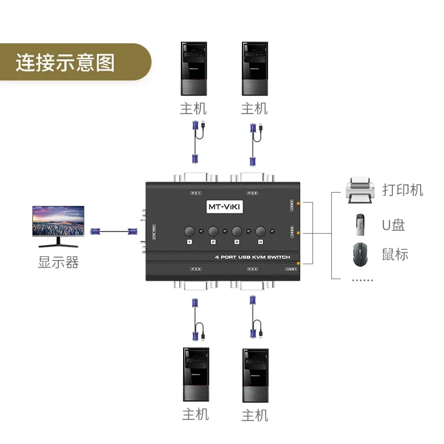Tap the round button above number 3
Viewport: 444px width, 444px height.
tap(237, 231)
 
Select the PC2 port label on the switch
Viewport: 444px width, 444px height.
tap(253, 193)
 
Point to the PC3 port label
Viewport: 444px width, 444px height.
tap(195, 269)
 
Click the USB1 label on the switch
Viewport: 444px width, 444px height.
tap(291, 269)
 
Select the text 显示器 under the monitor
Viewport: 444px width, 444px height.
tap(58, 262)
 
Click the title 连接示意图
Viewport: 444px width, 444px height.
tap(65, 63)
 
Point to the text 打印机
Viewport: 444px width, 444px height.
tap(403, 190)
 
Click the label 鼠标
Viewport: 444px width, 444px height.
tap(395, 255)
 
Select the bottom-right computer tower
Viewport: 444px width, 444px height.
tap(255, 375)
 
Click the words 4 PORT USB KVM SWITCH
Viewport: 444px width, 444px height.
tap(253, 258)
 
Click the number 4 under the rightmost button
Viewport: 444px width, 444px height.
tap(259, 243)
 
